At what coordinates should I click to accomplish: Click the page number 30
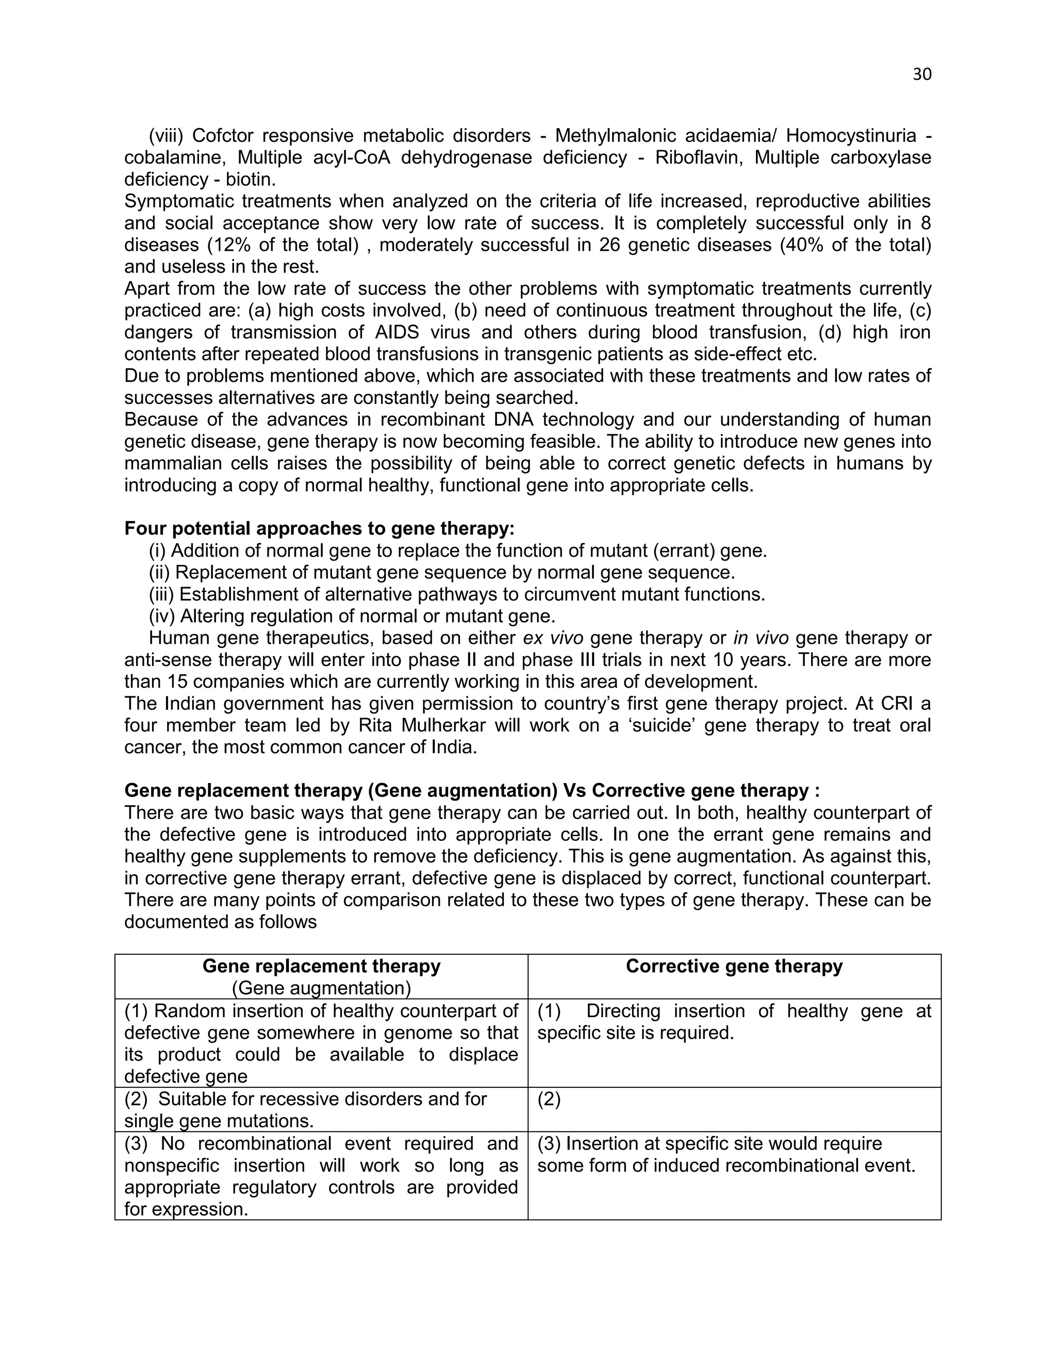pos(922,74)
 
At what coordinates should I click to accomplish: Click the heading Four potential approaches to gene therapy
pos(319,528)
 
